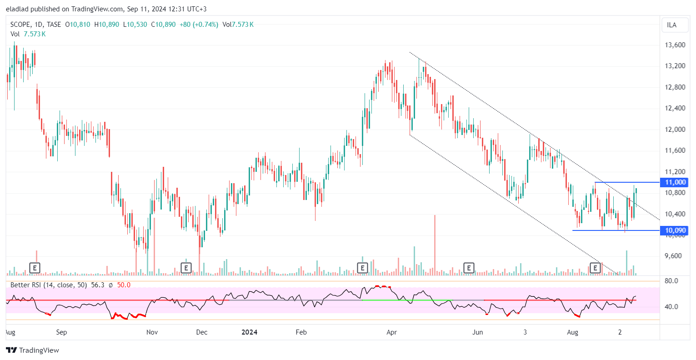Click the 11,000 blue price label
675,182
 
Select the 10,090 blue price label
675,230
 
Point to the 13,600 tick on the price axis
675,45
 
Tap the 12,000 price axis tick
675,130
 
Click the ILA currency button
671,25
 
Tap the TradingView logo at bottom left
33,350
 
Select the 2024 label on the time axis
249,332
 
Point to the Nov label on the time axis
152,332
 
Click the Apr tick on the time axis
391,332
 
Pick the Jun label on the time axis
477,332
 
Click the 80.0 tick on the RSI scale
671,281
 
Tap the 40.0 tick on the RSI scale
671,307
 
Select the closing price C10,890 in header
163,25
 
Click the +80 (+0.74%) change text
199,25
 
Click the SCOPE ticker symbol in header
20,25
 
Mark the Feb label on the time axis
301,332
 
